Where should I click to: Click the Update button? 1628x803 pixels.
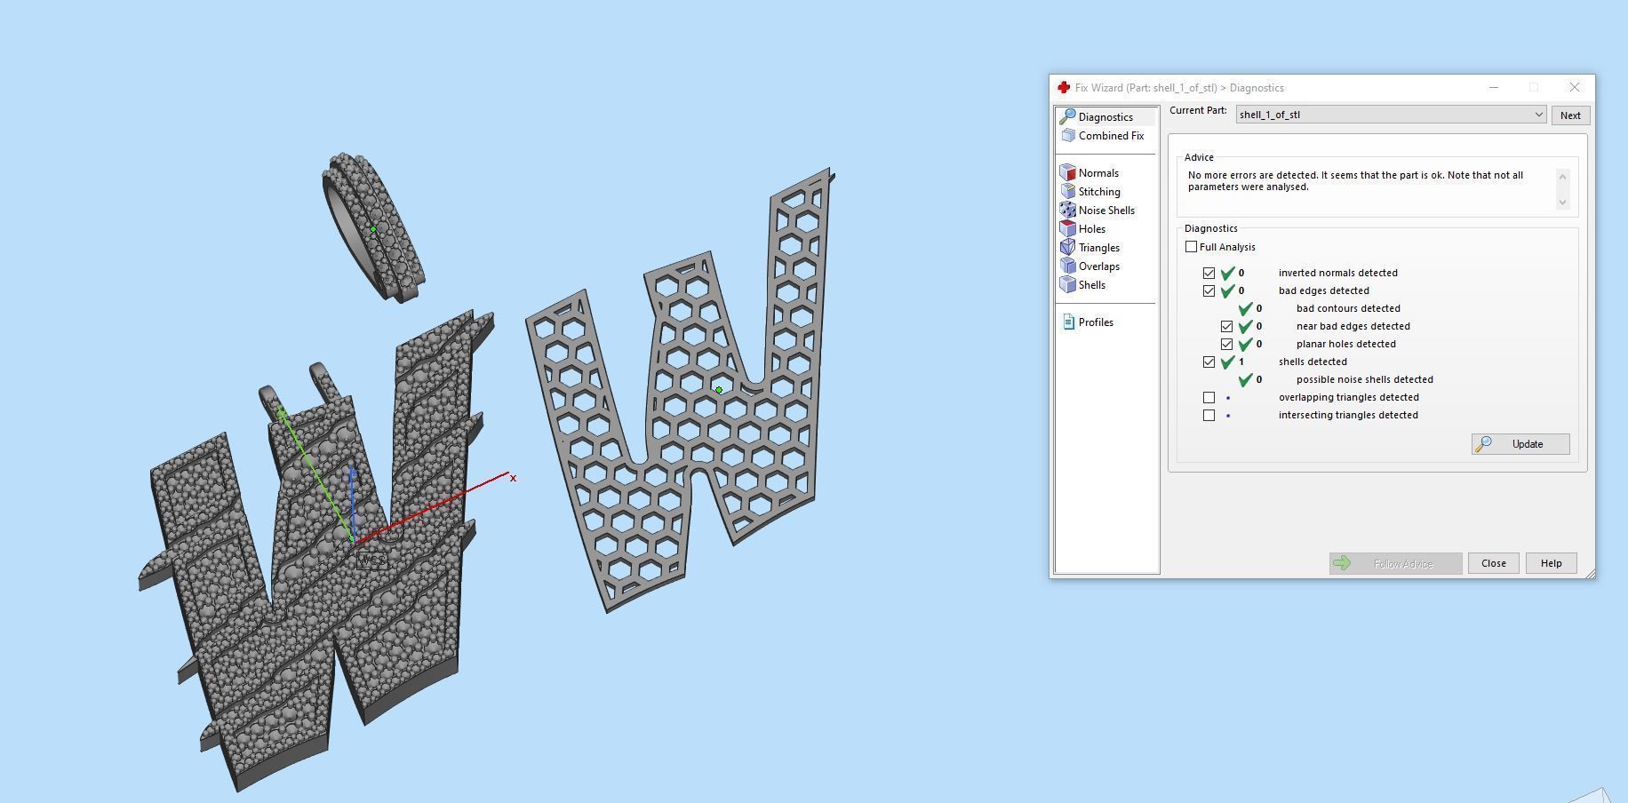tap(1520, 444)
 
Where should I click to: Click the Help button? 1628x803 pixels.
tap(1551, 563)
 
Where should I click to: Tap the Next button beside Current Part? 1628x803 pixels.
tap(1570, 115)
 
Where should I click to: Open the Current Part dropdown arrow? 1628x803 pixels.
tap(1538, 115)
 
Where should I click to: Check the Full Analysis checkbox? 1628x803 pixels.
tap(1192, 247)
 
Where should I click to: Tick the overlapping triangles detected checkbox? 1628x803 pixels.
tap(1209, 397)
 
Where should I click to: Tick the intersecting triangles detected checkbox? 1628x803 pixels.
tap(1209, 415)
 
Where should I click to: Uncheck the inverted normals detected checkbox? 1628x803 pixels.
tap(1209, 273)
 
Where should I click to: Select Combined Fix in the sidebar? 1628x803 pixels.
tap(1110, 136)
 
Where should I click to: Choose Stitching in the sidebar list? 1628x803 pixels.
tap(1098, 192)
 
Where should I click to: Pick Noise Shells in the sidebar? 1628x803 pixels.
tap(1105, 211)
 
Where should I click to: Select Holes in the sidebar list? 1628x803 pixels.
tap(1091, 229)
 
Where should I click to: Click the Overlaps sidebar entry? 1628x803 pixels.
tap(1098, 266)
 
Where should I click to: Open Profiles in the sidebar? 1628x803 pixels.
tap(1095, 322)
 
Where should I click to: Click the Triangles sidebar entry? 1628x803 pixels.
tap(1098, 248)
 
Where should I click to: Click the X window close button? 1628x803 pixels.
tap(1574, 87)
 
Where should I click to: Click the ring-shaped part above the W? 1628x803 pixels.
tap(373, 227)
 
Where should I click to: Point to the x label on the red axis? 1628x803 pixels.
tap(513, 478)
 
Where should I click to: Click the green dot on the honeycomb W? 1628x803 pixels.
tap(719, 390)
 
